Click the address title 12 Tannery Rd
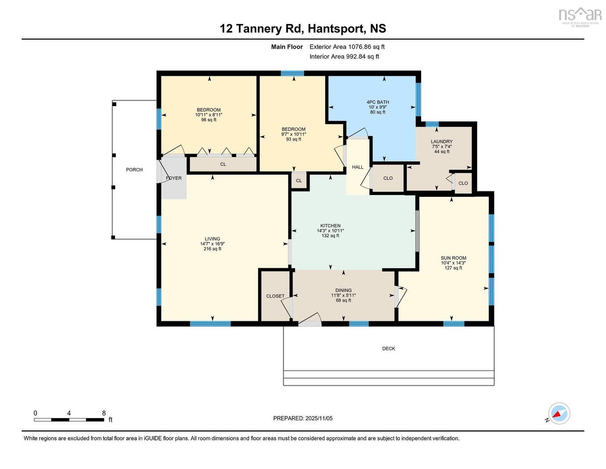(x=303, y=29)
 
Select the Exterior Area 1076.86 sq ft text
(x=347, y=46)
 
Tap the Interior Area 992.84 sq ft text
(x=344, y=56)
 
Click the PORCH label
(x=134, y=170)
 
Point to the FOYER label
(x=174, y=178)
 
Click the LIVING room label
(x=213, y=239)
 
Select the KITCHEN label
(x=330, y=226)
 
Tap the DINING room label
(x=343, y=290)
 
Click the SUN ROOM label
(x=453, y=258)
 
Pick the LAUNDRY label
(x=442, y=141)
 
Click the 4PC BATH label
(x=377, y=102)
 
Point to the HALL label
(x=357, y=167)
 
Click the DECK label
(x=389, y=349)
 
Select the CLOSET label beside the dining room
(x=275, y=296)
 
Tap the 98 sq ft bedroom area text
(x=209, y=120)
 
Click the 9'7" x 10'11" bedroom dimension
(x=293, y=134)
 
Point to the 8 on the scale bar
(x=104, y=413)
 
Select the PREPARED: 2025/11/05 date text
(x=303, y=418)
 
